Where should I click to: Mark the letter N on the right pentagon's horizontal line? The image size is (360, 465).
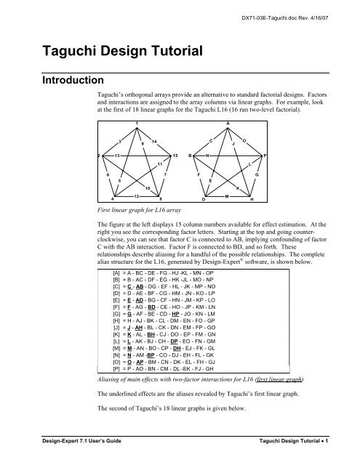[208, 156]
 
